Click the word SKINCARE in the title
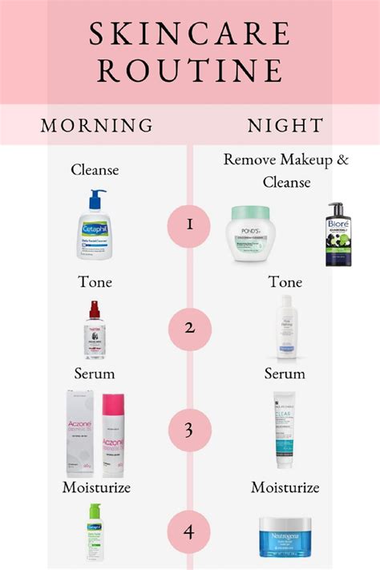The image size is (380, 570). pos(190,34)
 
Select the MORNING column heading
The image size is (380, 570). pos(97,125)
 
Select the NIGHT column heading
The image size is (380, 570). pos(285,125)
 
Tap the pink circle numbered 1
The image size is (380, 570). pos(189,224)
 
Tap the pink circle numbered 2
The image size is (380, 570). pos(189,327)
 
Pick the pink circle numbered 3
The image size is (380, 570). pos(189,431)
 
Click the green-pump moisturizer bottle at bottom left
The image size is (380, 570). pos(95,536)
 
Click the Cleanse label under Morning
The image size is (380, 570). pos(95,169)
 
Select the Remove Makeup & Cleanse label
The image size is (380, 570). pos(286,170)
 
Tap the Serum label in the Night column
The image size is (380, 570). pos(285,374)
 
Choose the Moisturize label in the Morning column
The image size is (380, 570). pos(95,487)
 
